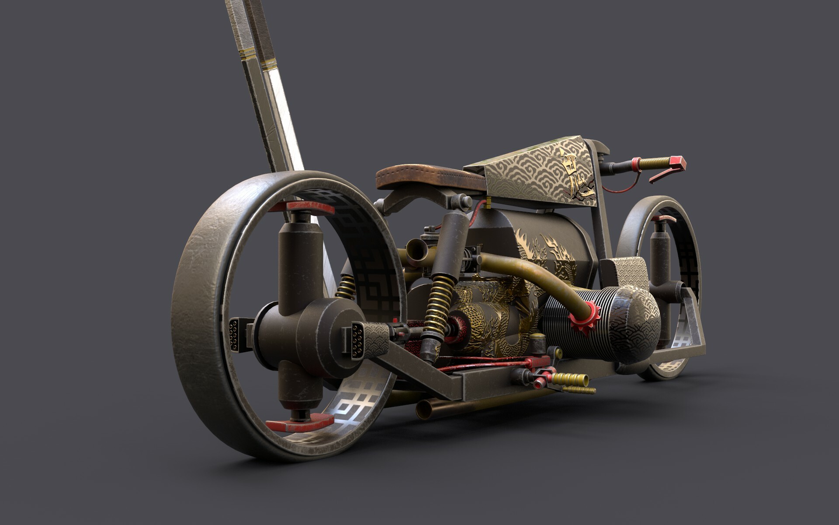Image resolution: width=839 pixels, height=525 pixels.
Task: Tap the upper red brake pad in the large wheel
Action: pos(302,207)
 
